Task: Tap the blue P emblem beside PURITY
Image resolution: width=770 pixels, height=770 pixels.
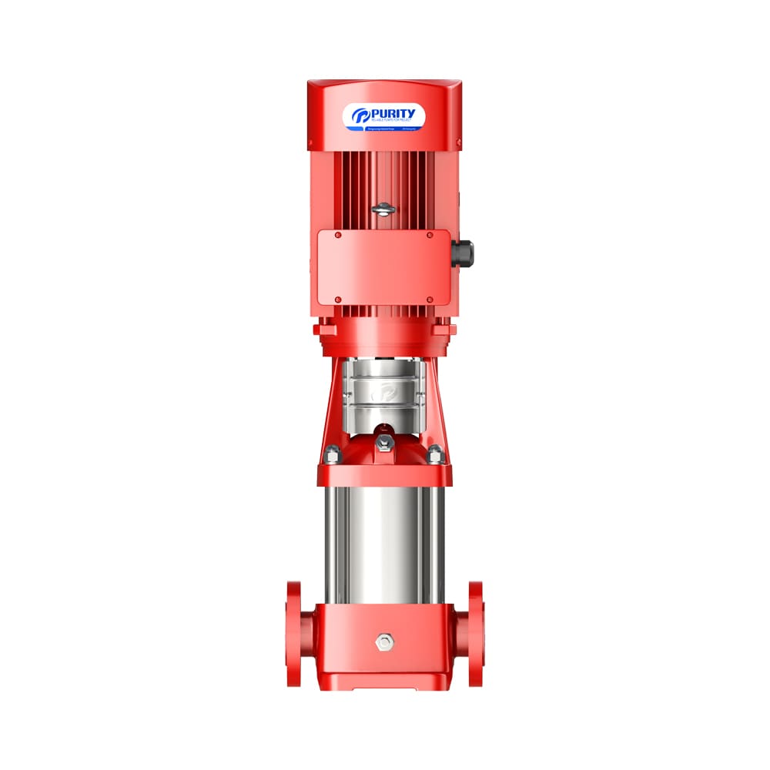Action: tap(361, 115)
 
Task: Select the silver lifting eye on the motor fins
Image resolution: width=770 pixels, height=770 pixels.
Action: tap(383, 208)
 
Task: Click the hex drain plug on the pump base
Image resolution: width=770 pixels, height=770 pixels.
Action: tap(383, 641)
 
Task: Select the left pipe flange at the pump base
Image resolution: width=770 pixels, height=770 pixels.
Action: tap(294, 633)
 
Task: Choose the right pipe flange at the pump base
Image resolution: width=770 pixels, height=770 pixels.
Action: tap(474, 633)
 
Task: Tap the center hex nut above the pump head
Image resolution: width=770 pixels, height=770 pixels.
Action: tap(383, 442)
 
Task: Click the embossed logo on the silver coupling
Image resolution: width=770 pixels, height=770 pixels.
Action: tap(383, 393)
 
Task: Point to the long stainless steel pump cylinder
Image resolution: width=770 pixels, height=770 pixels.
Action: tap(383, 543)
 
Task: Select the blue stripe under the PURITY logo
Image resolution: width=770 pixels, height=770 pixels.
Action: tap(383, 129)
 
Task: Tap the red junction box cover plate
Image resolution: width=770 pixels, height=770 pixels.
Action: tap(383, 267)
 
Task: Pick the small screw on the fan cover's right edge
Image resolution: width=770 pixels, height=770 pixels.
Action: tap(460, 143)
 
